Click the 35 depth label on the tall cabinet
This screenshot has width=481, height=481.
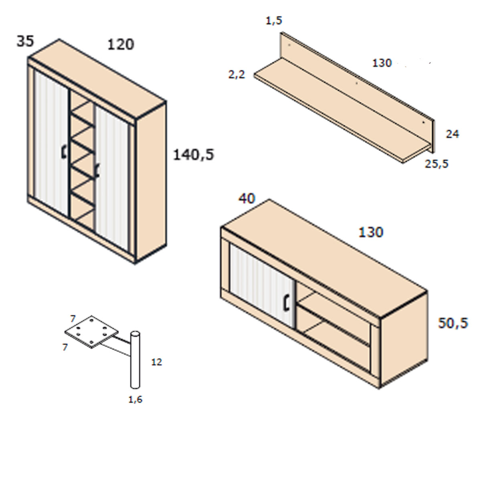click(x=25, y=41)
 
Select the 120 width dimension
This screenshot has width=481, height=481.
click(x=120, y=44)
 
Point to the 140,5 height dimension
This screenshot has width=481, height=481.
click(x=193, y=154)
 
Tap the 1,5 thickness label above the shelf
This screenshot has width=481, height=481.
click(x=274, y=21)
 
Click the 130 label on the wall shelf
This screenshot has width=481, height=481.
click(x=382, y=63)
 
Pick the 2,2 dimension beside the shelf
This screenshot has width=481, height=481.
click(x=236, y=74)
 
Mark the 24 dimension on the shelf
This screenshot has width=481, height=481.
click(x=452, y=134)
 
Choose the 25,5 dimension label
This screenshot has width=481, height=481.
click(x=437, y=164)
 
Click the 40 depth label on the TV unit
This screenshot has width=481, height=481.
click(x=247, y=198)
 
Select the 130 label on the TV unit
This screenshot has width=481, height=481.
click(x=370, y=232)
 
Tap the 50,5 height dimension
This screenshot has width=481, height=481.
click(x=453, y=323)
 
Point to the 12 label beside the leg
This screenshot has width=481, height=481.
click(x=156, y=362)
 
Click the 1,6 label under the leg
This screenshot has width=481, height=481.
click(x=135, y=399)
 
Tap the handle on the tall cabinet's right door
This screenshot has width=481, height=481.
click(x=97, y=170)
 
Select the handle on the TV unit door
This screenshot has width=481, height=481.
click(x=286, y=302)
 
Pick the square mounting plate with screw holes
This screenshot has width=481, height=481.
click(x=92, y=331)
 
